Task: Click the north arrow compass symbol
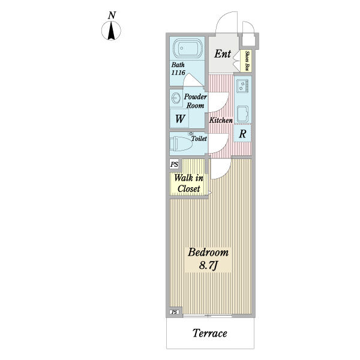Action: tap(112, 31)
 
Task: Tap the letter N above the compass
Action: tap(112, 14)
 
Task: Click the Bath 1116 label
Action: tap(179, 68)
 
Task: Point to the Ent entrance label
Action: tap(223, 54)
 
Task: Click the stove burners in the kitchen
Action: tap(242, 86)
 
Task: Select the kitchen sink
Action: tap(242, 113)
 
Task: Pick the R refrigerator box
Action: tap(242, 134)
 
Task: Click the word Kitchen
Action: tap(221, 121)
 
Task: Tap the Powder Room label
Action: tap(195, 101)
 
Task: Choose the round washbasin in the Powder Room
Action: tap(176, 97)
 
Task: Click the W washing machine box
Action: tap(179, 118)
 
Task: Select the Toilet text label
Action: tap(199, 139)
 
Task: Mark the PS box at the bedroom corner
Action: tap(174, 312)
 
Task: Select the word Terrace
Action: tap(210, 334)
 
